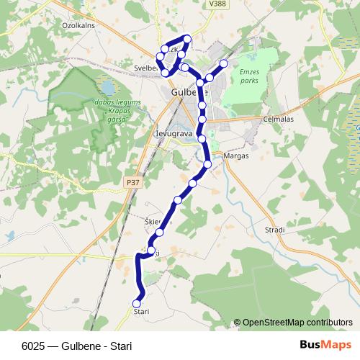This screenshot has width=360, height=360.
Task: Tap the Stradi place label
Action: pos(274,230)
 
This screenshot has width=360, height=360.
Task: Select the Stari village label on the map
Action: pos(141,310)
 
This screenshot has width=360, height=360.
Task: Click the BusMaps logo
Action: pos(325,344)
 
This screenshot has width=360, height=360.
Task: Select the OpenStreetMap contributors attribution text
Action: pos(297,323)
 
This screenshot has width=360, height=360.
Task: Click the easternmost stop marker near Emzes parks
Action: pos(223,64)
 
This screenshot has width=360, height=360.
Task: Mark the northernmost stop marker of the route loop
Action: pos(187,38)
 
